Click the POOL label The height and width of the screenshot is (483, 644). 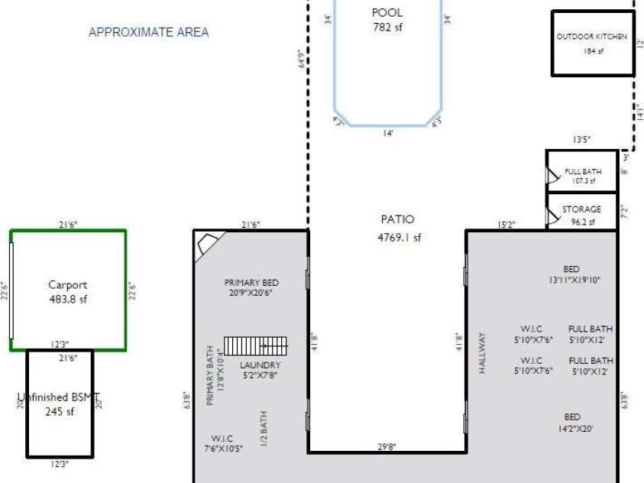[387, 13]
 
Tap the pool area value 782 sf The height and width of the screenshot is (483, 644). [387, 27]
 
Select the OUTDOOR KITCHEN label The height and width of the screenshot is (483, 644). [592, 37]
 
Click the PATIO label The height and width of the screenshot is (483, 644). [397, 220]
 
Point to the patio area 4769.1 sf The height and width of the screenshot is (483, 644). [399, 238]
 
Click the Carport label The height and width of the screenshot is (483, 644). [68, 285]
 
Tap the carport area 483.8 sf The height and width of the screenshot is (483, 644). [68, 300]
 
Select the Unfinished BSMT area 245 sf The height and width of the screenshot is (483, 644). [60, 412]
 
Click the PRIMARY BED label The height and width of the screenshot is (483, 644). [249, 281]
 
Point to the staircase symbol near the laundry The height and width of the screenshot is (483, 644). [255, 345]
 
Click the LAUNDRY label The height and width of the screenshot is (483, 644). [260, 365]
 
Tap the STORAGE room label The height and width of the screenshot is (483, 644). [581, 209]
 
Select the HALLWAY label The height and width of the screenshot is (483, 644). [482, 352]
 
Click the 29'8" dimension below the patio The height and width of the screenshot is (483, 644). [387, 447]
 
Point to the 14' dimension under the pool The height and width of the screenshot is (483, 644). [387, 133]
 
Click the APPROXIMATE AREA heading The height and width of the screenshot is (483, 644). [149, 32]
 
